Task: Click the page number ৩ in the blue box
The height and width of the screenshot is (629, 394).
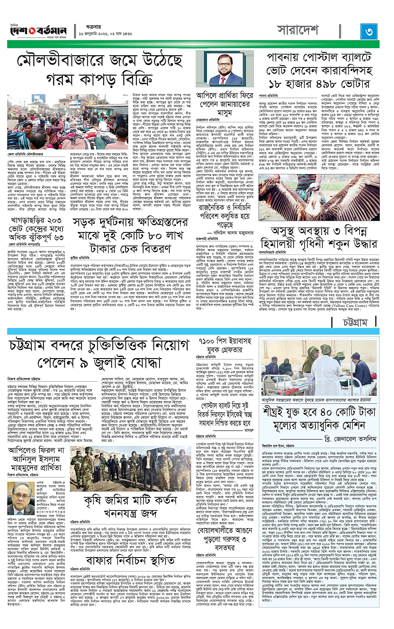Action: (x=369, y=32)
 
